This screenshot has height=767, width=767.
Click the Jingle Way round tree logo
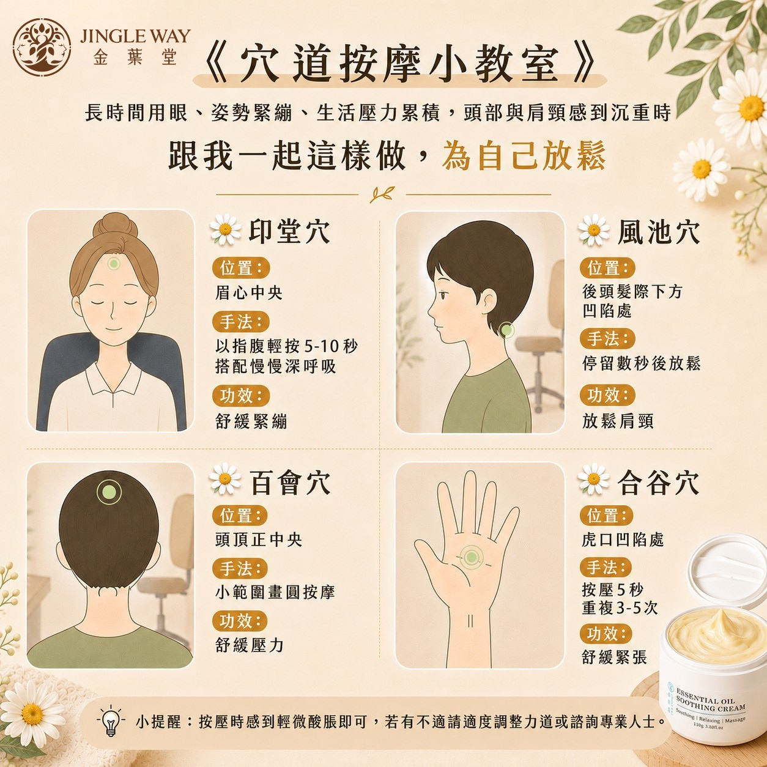(42, 47)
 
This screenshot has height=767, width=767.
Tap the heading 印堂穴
(289, 231)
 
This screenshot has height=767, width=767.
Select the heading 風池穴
(658, 231)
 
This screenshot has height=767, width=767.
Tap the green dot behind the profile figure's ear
(506, 330)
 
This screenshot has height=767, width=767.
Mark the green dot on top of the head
(108, 492)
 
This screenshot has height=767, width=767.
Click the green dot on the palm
(472, 557)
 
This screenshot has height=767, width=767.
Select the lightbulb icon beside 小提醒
(111, 721)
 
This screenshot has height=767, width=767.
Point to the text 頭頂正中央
(259, 539)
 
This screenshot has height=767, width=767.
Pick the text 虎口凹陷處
(623, 539)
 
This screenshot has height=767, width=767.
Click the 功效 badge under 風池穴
(607, 395)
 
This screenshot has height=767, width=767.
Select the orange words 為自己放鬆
(524, 155)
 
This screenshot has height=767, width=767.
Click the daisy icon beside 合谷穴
(593, 479)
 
